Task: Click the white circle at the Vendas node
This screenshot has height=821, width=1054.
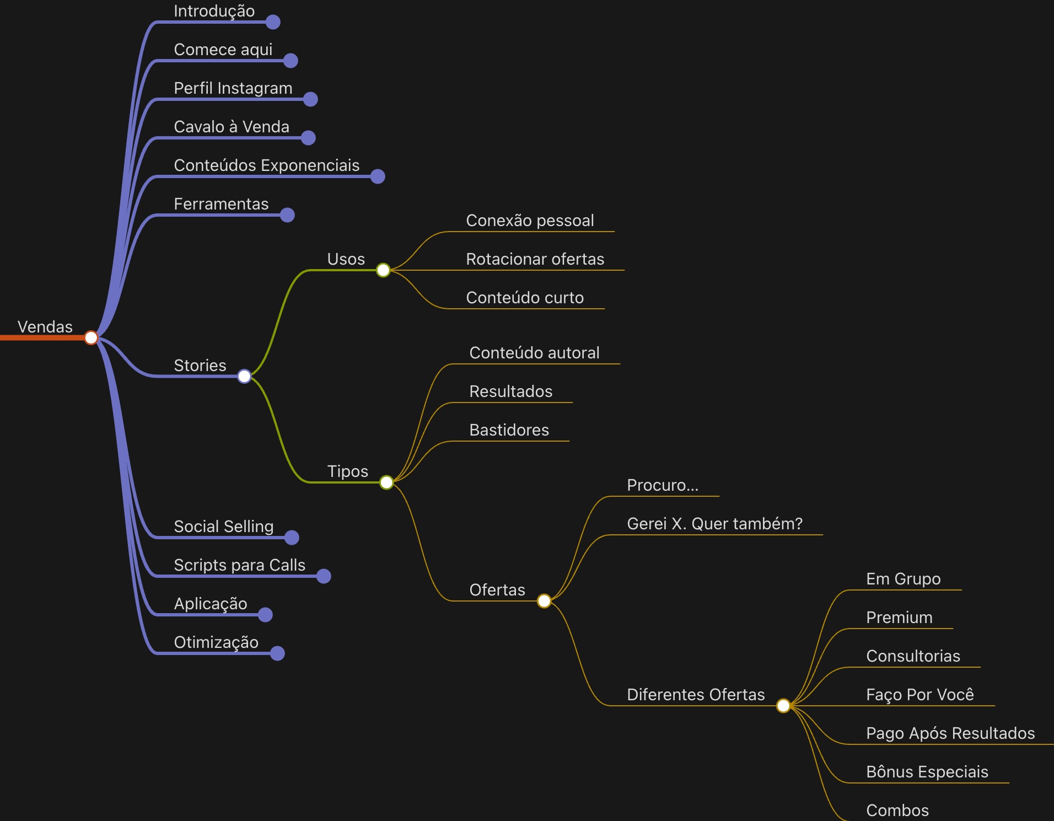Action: click(91, 337)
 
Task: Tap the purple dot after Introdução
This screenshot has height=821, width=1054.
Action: click(273, 22)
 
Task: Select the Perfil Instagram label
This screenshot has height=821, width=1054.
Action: click(233, 88)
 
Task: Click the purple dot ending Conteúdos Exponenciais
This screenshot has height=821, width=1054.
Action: click(378, 176)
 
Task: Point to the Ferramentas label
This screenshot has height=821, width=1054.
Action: click(221, 204)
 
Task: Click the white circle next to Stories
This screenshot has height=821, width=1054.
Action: click(244, 376)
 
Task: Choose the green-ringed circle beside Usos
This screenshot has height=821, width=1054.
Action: click(383, 270)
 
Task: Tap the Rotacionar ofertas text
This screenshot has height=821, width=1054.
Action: click(535, 259)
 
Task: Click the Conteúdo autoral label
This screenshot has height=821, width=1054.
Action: click(534, 353)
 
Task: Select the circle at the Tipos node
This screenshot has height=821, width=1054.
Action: click(386, 482)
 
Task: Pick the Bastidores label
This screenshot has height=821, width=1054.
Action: click(509, 430)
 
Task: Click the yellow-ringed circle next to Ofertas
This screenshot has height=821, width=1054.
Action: click(544, 601)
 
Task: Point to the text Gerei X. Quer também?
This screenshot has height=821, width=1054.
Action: click(714, 524)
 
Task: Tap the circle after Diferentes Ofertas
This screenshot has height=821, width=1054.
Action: click(783, 706)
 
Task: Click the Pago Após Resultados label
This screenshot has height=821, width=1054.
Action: click(950, 733)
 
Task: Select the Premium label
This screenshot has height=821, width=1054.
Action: click(899, 618)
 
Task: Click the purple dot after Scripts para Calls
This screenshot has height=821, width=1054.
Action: click(324, 576)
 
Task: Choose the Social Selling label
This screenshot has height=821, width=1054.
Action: click(223, 527)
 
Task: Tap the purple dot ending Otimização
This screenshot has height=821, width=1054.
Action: click(277, 653)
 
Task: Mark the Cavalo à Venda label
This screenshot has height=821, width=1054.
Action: click(231, 127)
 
